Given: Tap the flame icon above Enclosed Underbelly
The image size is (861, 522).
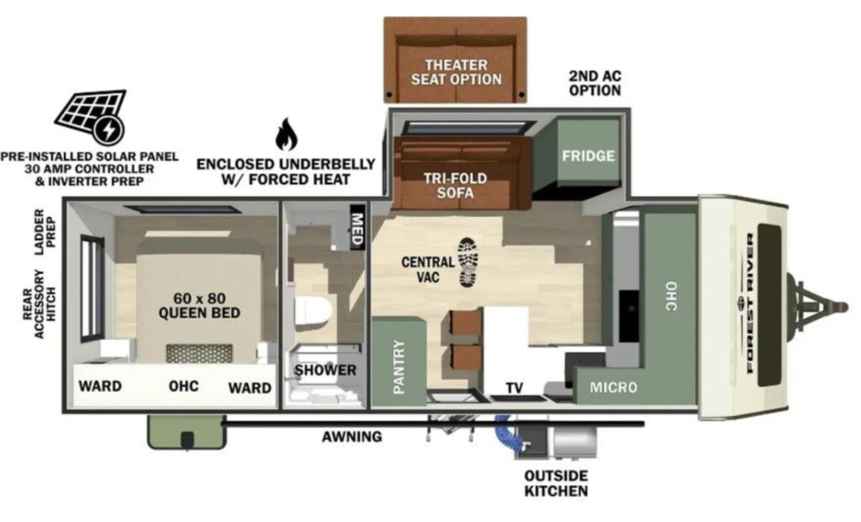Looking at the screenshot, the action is click(x=286, y=134).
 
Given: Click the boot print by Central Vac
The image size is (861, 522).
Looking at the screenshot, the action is click(x=467, y=261).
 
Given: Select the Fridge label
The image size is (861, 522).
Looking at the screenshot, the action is click(x=588, y=156).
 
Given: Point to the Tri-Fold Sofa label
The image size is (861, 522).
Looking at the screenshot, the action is click(x=456, y=185).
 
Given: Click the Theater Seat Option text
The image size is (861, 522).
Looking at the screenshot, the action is click(x=457, y=72).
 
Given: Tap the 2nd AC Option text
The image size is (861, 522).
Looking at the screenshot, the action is click(x=594, y=83).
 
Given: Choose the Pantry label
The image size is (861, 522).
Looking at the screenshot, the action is click(x=399, y=366).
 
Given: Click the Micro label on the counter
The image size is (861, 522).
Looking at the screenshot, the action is click(x=613, y=388).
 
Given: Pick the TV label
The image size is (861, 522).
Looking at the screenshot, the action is click(x=515, y=388).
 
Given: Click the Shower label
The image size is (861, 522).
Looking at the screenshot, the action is click(x=325, y=370).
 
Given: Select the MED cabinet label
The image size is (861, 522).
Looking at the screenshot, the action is click(x=357, y=229).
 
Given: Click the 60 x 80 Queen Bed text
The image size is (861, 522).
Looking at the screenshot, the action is click(x=199, y=306).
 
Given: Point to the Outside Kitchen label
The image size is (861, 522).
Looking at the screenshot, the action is click(x=556, y=483).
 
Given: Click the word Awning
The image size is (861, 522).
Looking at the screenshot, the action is click(x=352, y=437).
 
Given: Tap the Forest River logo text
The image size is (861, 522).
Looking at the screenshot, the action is click(x=750, y=303).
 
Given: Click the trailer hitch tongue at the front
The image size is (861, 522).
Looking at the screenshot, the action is click(x=817, y=305).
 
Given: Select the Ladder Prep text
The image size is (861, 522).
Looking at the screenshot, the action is click(x=45, y=232).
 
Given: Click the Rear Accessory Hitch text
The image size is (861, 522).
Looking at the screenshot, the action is click(x=40, y=303).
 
